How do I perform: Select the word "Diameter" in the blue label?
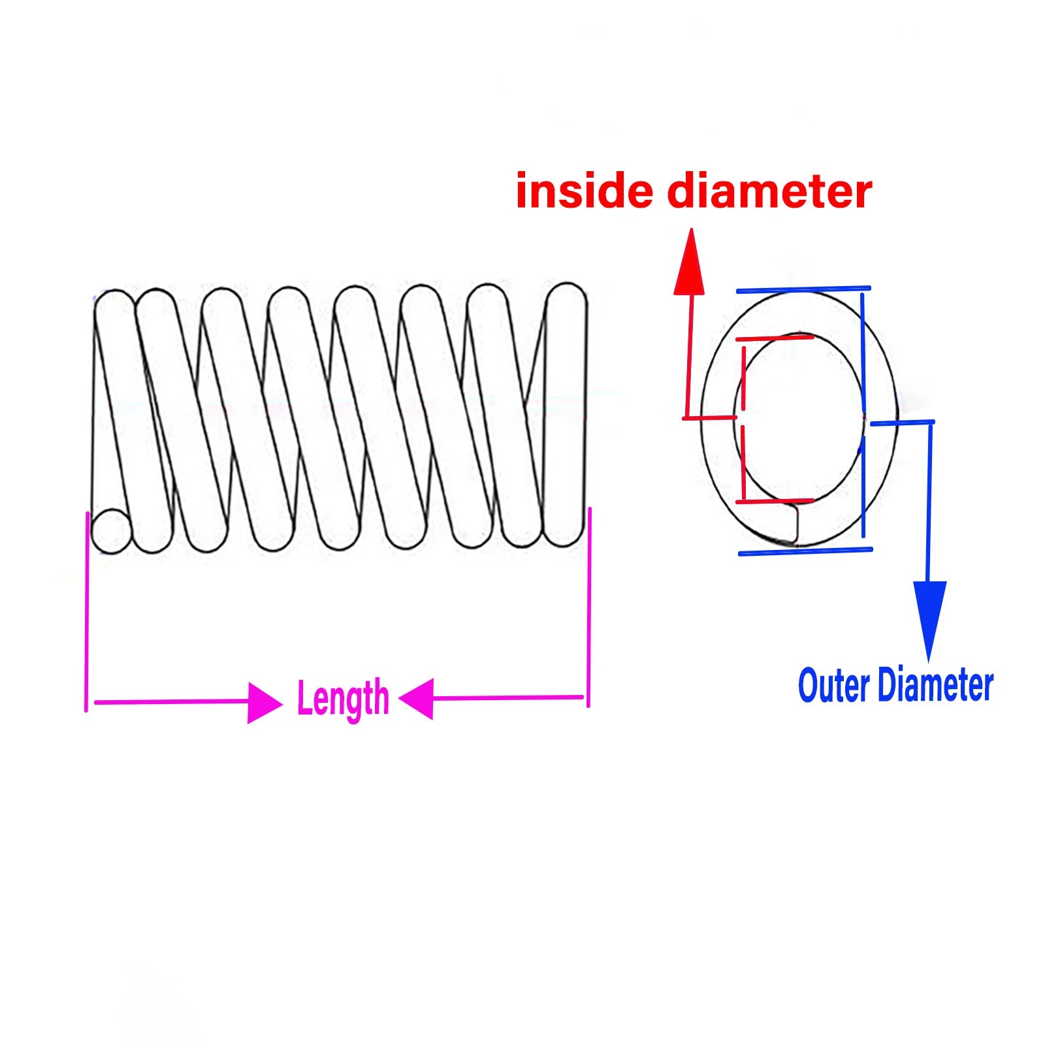tap(935, 685)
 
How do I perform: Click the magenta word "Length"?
tap(343, 699)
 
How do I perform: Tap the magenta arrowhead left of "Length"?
tap(265, 703)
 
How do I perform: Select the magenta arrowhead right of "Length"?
tap(416, 698)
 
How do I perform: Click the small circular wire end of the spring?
tap(112, 531)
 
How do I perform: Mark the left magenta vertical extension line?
tap(86, 611)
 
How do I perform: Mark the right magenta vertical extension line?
tap(589, 607)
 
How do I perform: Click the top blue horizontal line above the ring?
tap(803, 289)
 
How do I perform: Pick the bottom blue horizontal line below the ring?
tap(805, 552)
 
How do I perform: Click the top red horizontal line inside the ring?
tap(775, 338)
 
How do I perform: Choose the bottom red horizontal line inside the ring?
tap(775, 502)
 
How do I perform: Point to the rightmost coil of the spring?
tap(565, 415)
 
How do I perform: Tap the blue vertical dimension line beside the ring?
tap(863, 415)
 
